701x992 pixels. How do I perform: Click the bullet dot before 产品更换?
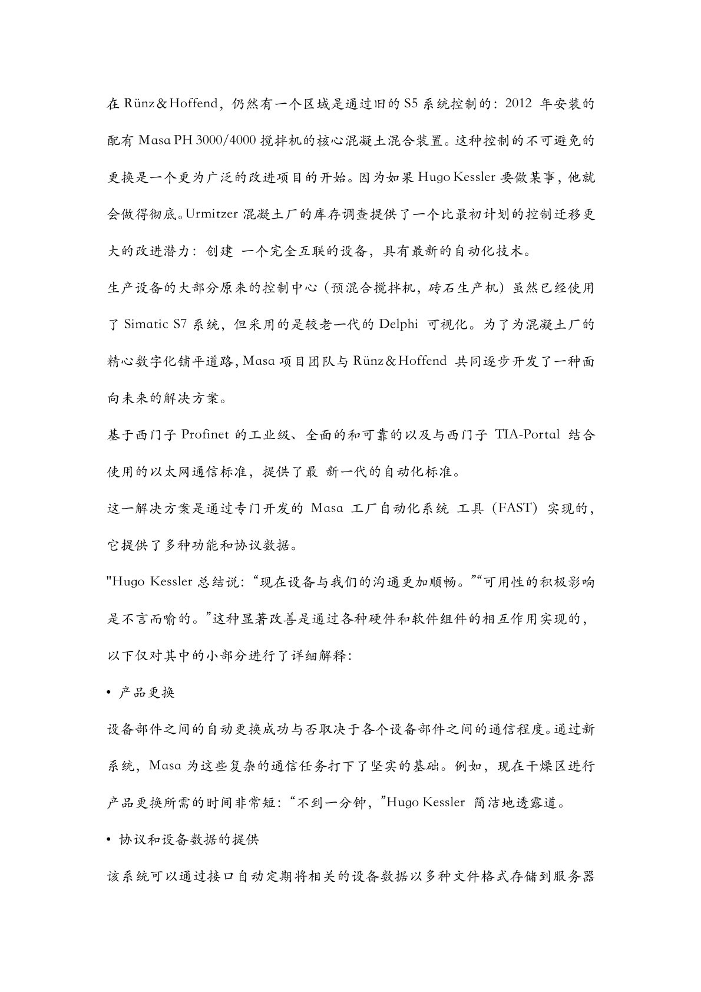pos(109,693)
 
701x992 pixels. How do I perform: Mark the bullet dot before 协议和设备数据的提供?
pos(109,840)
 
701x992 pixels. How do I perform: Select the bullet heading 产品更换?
pos(147,693)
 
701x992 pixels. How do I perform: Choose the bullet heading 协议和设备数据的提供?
pos(189,840)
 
